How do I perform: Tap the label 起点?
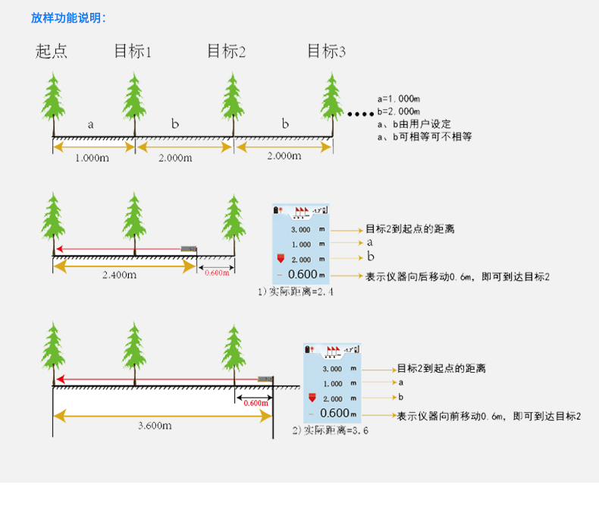52,52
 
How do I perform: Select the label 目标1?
133,52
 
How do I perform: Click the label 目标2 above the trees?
226,52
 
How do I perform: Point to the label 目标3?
326,52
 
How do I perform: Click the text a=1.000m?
399,99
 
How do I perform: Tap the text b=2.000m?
399,111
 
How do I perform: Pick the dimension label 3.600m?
155,426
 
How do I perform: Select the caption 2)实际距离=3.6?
331,430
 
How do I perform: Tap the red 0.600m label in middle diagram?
217,272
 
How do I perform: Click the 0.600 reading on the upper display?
303,275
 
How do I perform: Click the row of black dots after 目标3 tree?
359,115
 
